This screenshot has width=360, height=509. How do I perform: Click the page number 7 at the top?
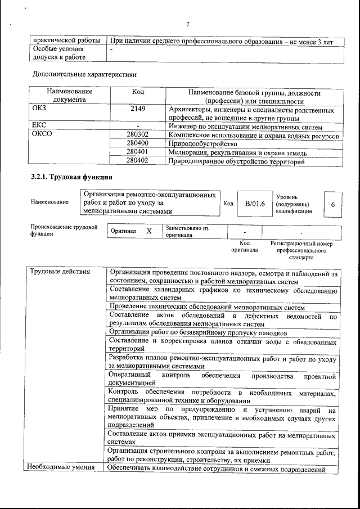[188, 23]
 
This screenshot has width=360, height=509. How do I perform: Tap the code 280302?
[138, 135]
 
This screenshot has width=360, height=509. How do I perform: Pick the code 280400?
[138, 144]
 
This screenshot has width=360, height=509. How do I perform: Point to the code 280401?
[138, 152]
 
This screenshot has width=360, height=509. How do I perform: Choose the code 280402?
[138, 161]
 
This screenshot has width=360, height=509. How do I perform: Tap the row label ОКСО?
[43, 134]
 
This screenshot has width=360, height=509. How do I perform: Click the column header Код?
[138, 92]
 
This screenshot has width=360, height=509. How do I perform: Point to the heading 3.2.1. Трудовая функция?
[68, 178]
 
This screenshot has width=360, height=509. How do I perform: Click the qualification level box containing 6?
[332, 205]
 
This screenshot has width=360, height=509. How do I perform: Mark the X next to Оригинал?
[148, 231]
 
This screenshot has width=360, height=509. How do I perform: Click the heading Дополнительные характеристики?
[84, 74]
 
